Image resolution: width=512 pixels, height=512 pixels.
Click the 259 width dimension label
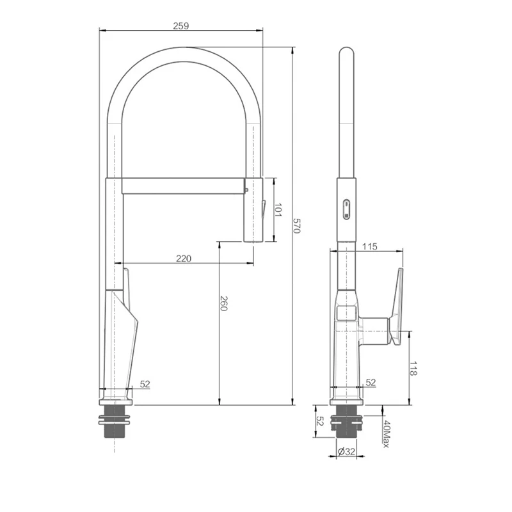click(181, 26)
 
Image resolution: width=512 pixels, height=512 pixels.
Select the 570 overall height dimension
click(296, 226)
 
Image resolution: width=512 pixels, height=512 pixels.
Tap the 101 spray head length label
click(278, 211)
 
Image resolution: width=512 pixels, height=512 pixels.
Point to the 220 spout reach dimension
click(184, 259)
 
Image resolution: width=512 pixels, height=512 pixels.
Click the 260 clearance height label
click(223, 303)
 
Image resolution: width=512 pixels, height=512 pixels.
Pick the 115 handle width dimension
click(370, 246)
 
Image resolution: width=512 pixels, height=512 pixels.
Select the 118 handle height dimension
click(413, 369)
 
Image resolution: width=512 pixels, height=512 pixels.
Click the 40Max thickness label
click(386, 434)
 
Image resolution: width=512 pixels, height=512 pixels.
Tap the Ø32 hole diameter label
click(346, 452)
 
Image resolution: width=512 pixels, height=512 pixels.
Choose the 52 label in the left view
click(145, 385)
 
